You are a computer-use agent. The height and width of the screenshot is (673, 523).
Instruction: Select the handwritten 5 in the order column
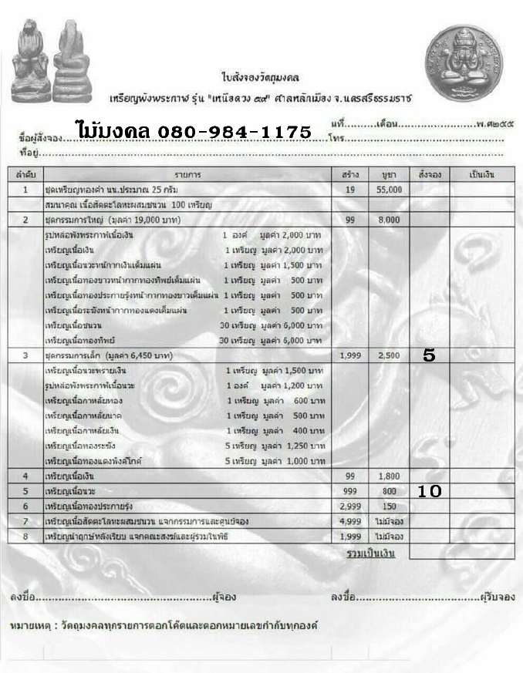430,355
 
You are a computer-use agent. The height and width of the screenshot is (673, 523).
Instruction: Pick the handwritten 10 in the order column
429,490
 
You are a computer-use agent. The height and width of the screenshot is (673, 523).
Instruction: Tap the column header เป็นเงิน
482,174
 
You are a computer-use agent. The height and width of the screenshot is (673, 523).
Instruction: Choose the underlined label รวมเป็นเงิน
370,554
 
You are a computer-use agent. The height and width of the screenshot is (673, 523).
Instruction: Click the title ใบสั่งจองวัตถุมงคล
249,78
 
